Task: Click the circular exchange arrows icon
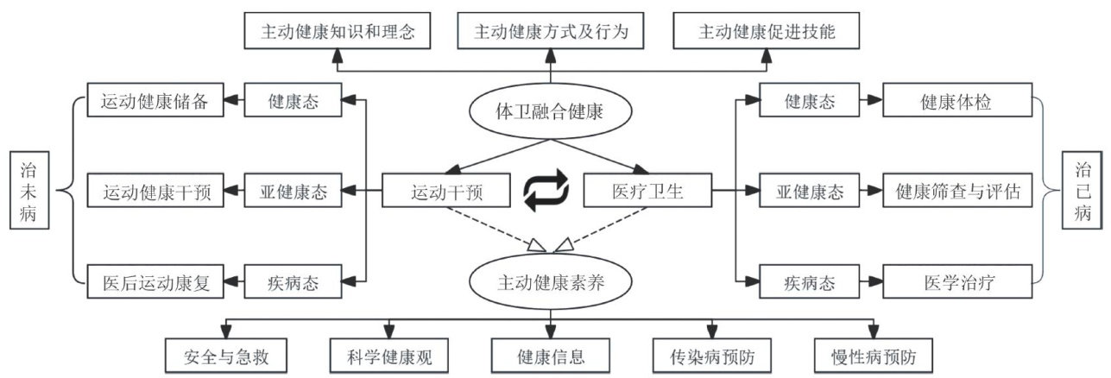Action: click(546, 192)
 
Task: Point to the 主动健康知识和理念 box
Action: click(338, 32)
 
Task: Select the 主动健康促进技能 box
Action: click(767, 32)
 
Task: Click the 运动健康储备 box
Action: click(155, 101)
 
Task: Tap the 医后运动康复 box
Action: click(155, 281)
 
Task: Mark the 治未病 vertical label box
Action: click(29, 191)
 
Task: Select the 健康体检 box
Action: click(958, 102)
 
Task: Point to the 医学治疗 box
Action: click(958, 281)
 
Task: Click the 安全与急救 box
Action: click(224, 356)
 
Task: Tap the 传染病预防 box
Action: click(709, 356)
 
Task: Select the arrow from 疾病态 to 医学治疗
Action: click(870, 281)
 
